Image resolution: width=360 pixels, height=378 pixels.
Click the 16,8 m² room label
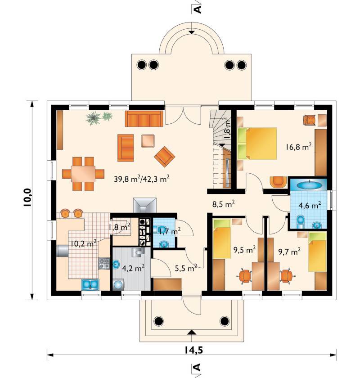pyautogui.click(x=298, y=147)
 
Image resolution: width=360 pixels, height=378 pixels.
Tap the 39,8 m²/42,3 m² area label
pyautogui.click(x=142, y=179)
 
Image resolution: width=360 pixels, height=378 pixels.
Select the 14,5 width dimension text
pyautogui.click(x=194, y=350)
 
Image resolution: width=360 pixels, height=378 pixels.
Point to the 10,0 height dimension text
pyautogui.click(x=27, y=197)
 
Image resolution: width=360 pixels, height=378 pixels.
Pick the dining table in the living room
pyautogui.click(x=83, y=174)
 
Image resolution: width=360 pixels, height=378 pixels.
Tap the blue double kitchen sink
pyautogui.click(x=90, y=284)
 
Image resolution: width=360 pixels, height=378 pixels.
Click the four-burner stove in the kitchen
pyautogui.click(x=104, y=264)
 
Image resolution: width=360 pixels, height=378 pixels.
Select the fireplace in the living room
pyautogui.click(x=145, y=205)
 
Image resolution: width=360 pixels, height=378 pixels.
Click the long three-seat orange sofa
pyautogui.click(x=144, y=119)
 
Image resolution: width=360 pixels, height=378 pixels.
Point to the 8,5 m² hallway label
pyautogui.click(x=224, y=204)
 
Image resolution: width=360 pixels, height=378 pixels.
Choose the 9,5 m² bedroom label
pyautogui.click(x=244, y=250)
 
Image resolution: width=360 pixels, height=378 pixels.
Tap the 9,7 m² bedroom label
pyautogui.click(x=289, y=252)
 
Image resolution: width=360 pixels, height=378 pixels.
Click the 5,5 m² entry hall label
pyautogui.click(x=186, y=268)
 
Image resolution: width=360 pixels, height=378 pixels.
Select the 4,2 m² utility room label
pyautogui.click(x=133, y=268)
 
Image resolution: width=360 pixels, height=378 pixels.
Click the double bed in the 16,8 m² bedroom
pyautogui.click(x=257, y=144)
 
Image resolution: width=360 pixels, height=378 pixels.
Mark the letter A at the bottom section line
pyautogui.click(x=197, y=367)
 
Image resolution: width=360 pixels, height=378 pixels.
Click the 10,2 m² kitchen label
pyautogui.click(x=84, y=243)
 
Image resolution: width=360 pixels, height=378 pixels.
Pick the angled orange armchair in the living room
pyautogui.click(x=164, y=157)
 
